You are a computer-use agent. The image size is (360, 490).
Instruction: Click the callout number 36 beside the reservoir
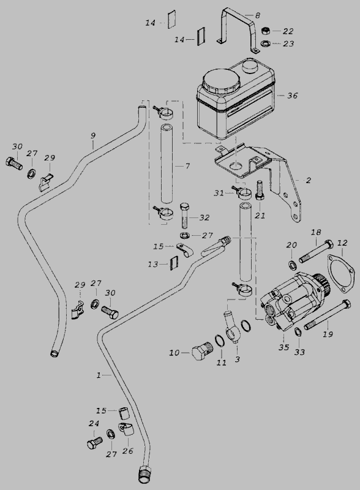click(293, 96)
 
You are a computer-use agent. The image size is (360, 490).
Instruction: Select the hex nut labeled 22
click(265, 31)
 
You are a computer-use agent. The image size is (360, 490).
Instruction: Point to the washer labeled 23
click(265, 43)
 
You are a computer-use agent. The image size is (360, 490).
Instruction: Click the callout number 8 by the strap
click(258, 15)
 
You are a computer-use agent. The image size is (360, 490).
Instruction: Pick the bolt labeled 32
click(186, 216)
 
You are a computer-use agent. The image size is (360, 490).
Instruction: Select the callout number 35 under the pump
click(283, 347)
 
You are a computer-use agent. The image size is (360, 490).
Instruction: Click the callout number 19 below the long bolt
click(328, 334)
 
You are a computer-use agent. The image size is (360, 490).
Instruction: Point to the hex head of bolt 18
click(328, 244)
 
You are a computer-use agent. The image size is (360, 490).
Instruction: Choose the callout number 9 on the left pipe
click(93, 136)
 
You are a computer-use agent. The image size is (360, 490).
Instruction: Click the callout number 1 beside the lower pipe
click(99, 375)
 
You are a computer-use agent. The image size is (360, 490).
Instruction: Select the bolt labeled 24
click(95, 442)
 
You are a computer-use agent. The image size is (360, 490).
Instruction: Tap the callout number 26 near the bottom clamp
click(128, 451)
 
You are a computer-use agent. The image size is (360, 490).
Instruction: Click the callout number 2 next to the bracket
click(309, 180)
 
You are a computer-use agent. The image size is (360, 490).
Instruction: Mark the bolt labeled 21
click(260, 190)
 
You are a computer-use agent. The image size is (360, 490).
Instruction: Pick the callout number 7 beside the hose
click(187, 166)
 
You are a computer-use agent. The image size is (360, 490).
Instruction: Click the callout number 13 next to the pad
click(153, 265)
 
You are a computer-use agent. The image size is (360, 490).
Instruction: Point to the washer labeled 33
click(298, 332)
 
